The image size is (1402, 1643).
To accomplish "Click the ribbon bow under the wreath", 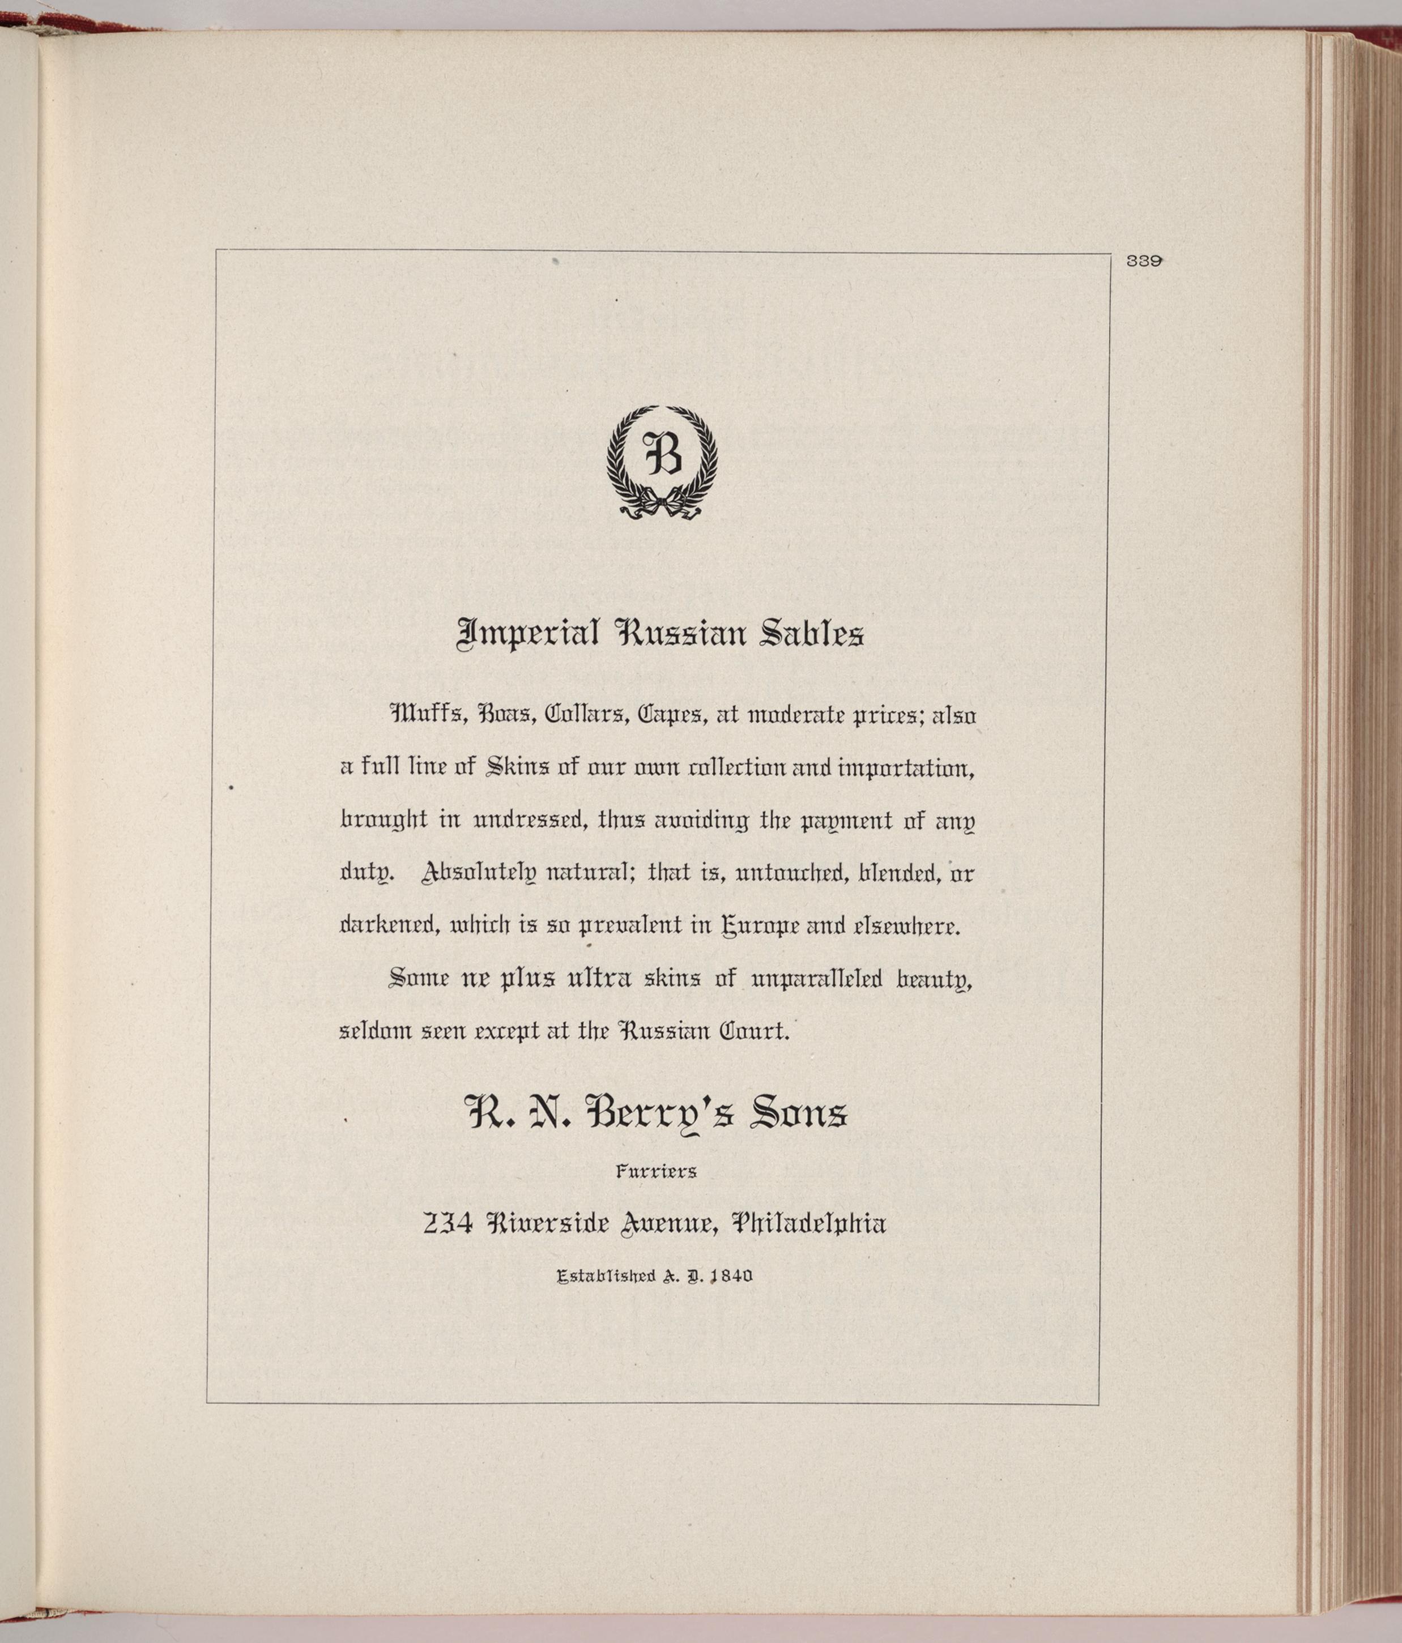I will pyautogui.click(x=662, y=505).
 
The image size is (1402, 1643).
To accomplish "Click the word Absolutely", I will pyautogui.click(x=478, y=873).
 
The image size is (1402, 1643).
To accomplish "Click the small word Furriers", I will pyautogui.click(x=657, y=1171).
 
